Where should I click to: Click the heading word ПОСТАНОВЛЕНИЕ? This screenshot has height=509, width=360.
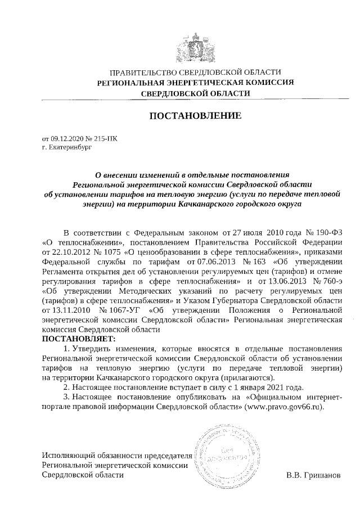click(195, 116)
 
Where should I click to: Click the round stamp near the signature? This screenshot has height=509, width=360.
click(228, 453)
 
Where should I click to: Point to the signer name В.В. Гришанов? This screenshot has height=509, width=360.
click(313, 475)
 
